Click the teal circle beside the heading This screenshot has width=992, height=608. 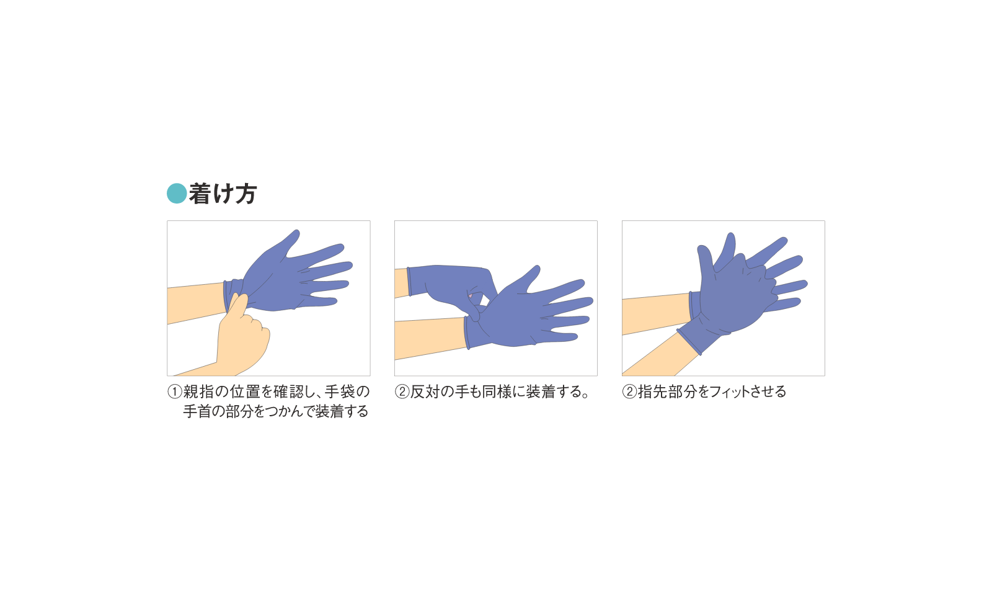[177, 194]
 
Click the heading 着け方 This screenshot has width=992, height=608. [222, 194]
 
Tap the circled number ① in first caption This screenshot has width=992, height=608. [175, 392]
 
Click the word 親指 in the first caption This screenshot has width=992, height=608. [198, 392]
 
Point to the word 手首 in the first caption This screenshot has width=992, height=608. [197, 412]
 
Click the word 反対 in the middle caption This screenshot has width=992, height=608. [425, 392]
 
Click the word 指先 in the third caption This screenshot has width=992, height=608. [652, 392]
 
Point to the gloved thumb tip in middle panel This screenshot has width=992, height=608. [535, 270]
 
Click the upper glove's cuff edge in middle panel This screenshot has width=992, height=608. [409, 281]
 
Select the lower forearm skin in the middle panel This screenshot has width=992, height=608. [428, 338]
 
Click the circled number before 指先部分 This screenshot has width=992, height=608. [629, 392]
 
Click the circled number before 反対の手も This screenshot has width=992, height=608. [402, 392]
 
